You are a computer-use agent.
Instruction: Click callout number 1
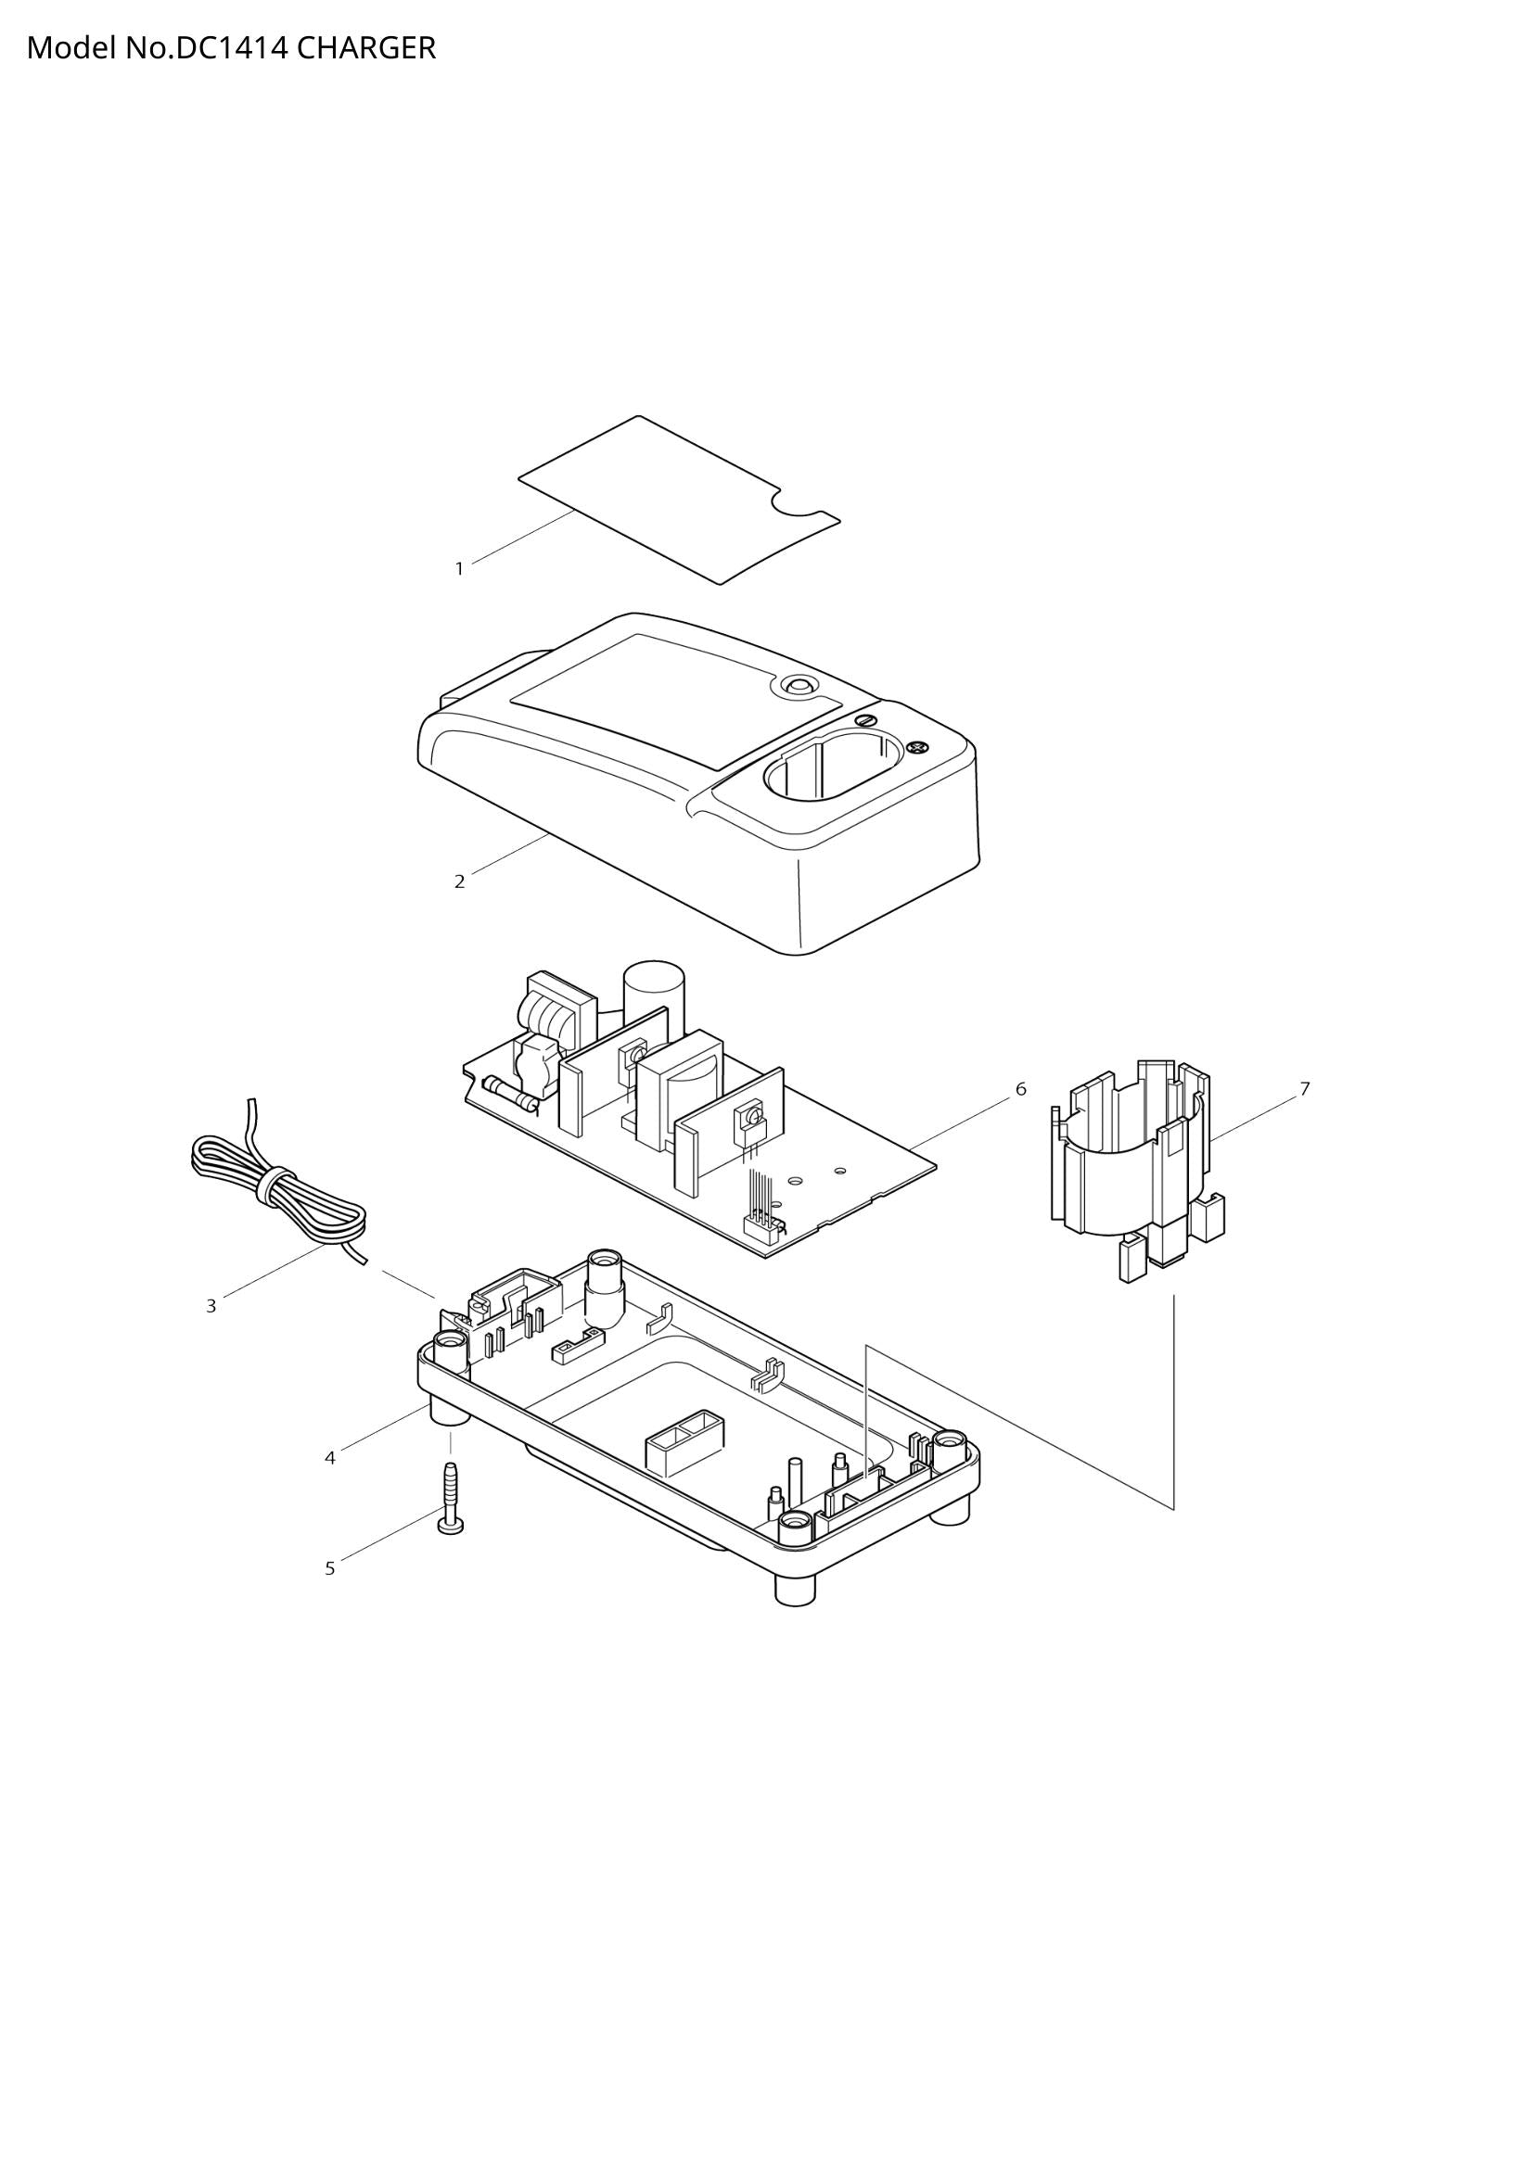pos(459,568)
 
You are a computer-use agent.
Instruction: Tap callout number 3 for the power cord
pos(211,1306)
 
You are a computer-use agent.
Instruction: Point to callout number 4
pos(329,1458)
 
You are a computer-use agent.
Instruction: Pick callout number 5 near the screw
pos(329,1568)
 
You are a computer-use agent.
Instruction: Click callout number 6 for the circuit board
pos(1020,1089)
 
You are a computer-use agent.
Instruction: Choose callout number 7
pos(1305,1089)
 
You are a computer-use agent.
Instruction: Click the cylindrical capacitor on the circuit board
pos(653,992)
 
